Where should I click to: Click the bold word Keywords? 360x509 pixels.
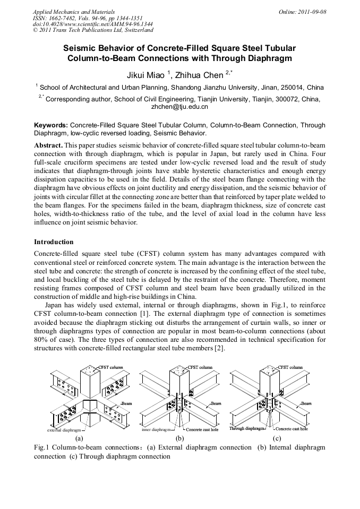pos(51,125)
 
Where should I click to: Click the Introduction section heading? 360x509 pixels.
pos(54,242)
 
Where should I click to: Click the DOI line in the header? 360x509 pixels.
pos(92,24)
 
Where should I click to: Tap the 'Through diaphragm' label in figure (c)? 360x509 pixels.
pos(247,428)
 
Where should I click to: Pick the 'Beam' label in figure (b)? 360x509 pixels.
pos(216,403)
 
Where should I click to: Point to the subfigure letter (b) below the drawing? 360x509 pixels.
pos(179,438)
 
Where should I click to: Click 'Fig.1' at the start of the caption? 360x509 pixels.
pos(41,447)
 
